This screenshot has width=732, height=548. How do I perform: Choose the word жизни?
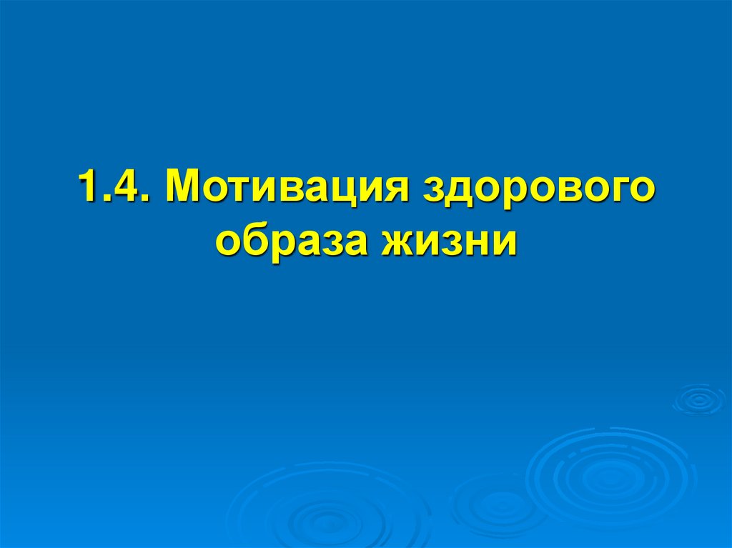(x=451, y=241)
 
